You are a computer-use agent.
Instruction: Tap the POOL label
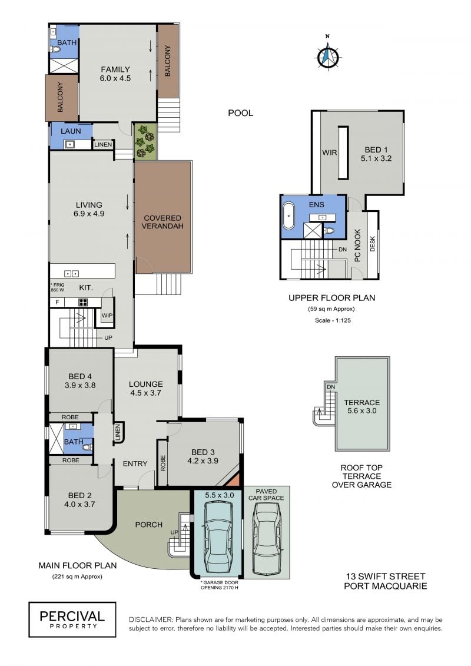240,113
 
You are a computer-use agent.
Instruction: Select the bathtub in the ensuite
289,216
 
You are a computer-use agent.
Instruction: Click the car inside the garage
218,536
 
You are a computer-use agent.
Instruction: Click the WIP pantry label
107,315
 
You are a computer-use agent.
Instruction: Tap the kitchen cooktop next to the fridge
83,303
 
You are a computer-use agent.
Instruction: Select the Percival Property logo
72,619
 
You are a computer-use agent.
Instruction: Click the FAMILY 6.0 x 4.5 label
115,74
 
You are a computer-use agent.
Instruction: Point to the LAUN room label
71,131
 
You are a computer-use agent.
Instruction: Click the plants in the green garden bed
145,141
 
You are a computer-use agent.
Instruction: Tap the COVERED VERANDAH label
162,222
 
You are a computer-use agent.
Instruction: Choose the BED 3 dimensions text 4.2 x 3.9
203,461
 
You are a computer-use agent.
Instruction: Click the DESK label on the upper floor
373,244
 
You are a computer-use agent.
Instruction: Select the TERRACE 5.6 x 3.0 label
362,406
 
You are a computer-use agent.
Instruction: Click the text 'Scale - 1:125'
333,320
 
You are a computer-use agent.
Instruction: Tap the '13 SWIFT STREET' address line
386,576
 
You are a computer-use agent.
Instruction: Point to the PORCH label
148,525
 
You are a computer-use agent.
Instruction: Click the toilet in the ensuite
329,231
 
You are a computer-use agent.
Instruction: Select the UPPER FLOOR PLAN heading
331,298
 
